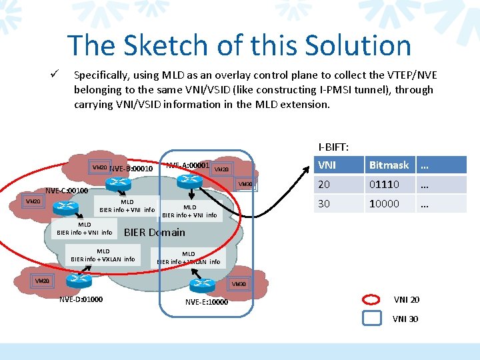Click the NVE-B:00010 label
pos(131,169)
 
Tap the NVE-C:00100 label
pos(67,190)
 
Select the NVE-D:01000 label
pos(81,299)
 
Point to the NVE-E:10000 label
pos(207,302)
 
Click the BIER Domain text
pos(155,232)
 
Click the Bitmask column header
pos(389,165)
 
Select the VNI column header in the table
pos(327,165)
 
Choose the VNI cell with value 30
pos(324,203)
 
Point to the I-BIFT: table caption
pos(333,146)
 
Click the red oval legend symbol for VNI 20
pos(371,299)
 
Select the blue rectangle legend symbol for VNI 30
pos(371,318)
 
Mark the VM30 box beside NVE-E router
pos(238,285)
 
